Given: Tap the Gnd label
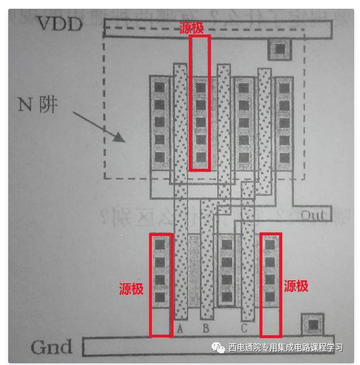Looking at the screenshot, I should coord(51,347).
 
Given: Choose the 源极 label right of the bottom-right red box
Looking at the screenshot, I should coord(296,286).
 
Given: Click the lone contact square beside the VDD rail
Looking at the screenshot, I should coord(279,49).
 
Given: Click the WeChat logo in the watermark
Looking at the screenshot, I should coord(218,347).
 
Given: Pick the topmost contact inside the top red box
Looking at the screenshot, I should coord(200,88).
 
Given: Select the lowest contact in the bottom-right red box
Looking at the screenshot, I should coord(269,297).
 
